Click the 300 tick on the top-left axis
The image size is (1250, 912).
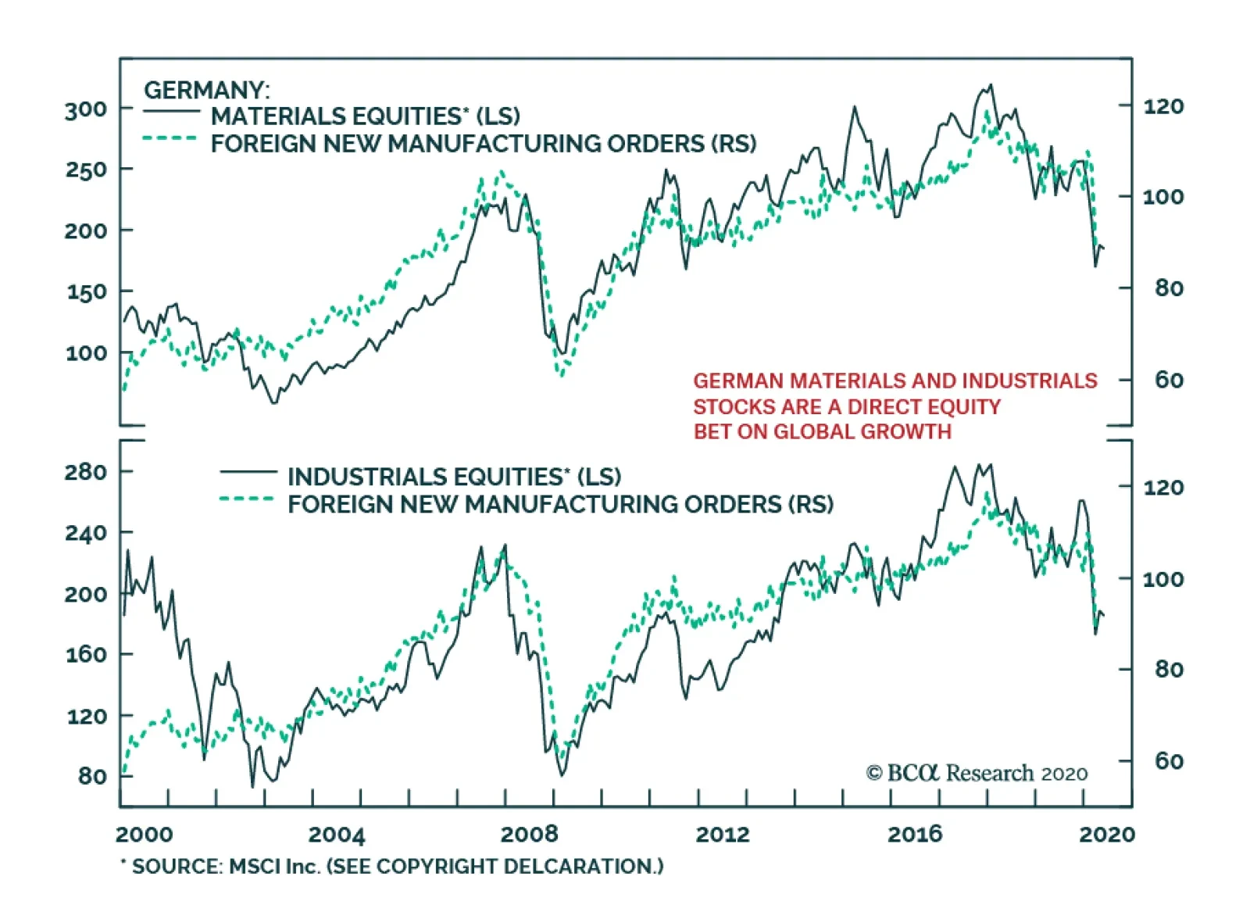(86, 109)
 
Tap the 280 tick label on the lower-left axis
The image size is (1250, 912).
(86, 472)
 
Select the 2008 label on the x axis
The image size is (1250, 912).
(529, 835)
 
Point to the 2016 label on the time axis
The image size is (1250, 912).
(914, 835)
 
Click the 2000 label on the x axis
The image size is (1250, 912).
(145, 835)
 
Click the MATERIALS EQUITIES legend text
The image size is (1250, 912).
(365, 116)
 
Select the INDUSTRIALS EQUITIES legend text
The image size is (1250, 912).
(454, 477)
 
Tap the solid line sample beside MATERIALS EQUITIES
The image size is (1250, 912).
(172, 112)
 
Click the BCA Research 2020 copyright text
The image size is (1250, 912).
(977, 773)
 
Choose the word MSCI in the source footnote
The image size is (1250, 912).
(253, 867)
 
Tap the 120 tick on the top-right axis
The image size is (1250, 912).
(1163, 106)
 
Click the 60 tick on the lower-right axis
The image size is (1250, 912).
(1169, 760)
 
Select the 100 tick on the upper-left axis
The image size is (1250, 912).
(86, 353)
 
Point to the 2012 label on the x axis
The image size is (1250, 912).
(722, 835)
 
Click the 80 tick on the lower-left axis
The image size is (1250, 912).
(92, 776)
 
